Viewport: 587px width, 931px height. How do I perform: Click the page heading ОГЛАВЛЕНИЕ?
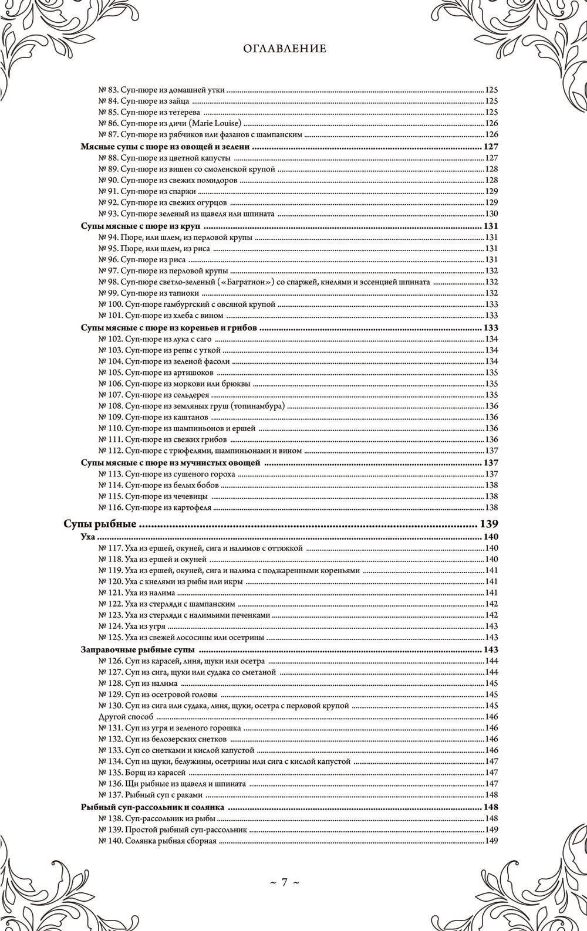[x=285, y=49]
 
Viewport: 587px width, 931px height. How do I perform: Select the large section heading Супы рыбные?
[x=99, y=524]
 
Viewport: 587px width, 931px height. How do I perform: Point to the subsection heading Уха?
[x=87, y=537]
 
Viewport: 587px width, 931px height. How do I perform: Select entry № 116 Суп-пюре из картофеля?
[x=155, y=507]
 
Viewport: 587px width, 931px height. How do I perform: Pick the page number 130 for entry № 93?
[x=491, y=214]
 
